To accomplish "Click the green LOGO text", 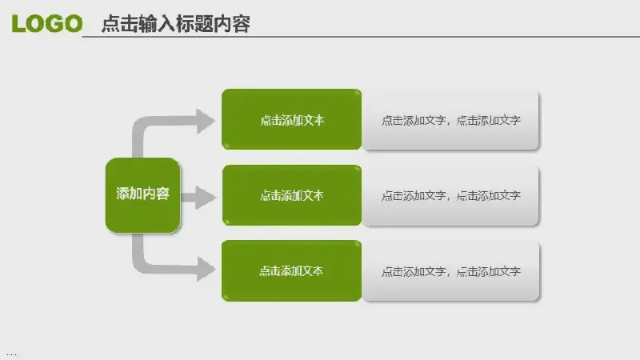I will pyautogui.click(x=47, y=24).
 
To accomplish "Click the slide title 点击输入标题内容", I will pyautogui.click(x=175, y=25).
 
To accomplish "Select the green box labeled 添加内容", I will pyautogui.click(x=143, y=194).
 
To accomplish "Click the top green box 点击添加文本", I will pyautogui.click(x=291, y=119).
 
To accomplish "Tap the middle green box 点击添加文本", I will pyautogui.click(x=291, y=195).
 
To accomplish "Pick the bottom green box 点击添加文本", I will pyautogui.click(x=291, y=270).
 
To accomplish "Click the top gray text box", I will pyautogui.click(x=451, y=120).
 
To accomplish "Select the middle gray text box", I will pyautogui.click(x=451, y=195).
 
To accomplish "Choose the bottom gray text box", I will pyautogui.click(x=451, y=271).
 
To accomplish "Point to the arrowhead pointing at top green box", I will pyautogui.click(x=206, y=121).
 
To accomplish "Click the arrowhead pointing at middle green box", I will pyautogui.click(x=206, y=196).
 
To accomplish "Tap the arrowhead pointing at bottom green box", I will pyautogui.click(x=206, y=270).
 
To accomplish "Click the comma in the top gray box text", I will pyautogui.click(x=450, y=123).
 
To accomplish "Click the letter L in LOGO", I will pyautogui.click(x=18, y=24).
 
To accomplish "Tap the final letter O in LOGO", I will pyautogui.click(x=73, y=24).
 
